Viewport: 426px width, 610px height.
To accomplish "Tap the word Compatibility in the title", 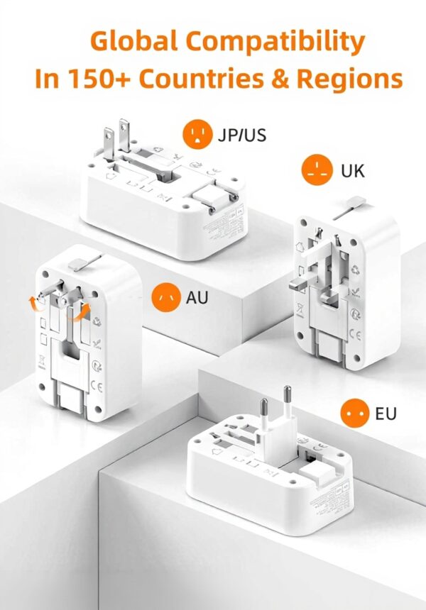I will point(283,43).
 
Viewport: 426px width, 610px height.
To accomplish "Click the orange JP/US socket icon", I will point(197,133).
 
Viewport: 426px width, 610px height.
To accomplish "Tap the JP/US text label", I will point(243,134).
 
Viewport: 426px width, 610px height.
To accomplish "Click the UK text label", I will point(353,171).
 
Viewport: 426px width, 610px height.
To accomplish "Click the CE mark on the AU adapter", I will point(97,386).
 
